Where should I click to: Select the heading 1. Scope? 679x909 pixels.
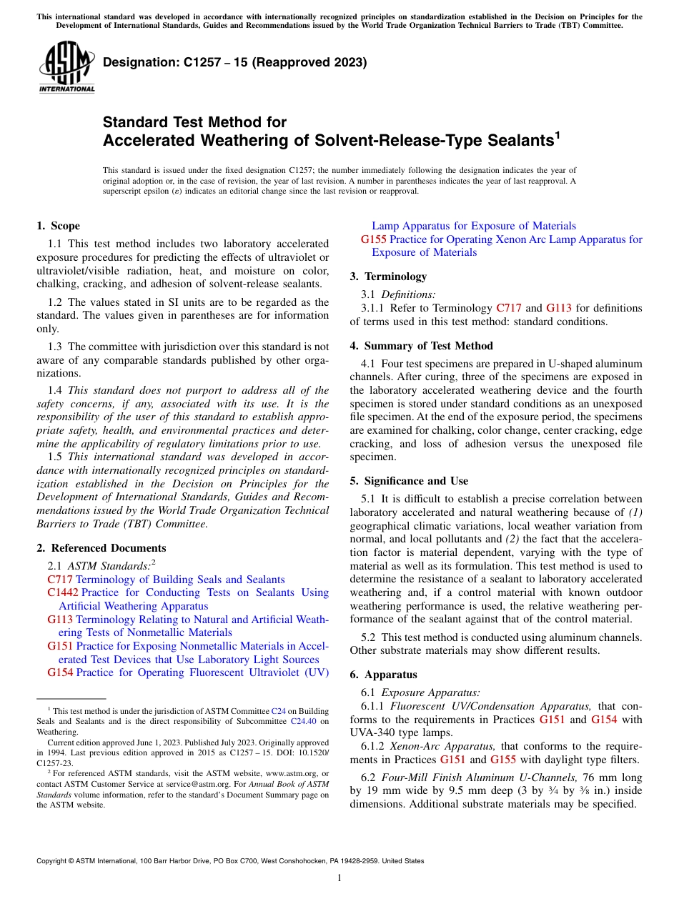pyautogui.click(x=58, y=226)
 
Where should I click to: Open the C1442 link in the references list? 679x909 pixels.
pyautogui.click(x=63, y=592)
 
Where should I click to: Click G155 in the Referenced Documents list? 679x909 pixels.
pyautogui.click(x=374, y=239)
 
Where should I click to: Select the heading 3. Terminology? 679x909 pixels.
pyautogui.click(x=388, y=276)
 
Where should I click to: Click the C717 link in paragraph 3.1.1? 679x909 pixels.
pyautogui.click(x=508, y=308)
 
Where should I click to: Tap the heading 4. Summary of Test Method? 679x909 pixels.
pyautogui.click(x=421, y=346)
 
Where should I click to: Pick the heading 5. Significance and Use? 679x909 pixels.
pyautogui.click(x=409, y=481)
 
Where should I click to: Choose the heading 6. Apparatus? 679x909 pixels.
pyautogui.click(x=383, y=675)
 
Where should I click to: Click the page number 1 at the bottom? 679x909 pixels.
pyautogui.click(x=339, y=878)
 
